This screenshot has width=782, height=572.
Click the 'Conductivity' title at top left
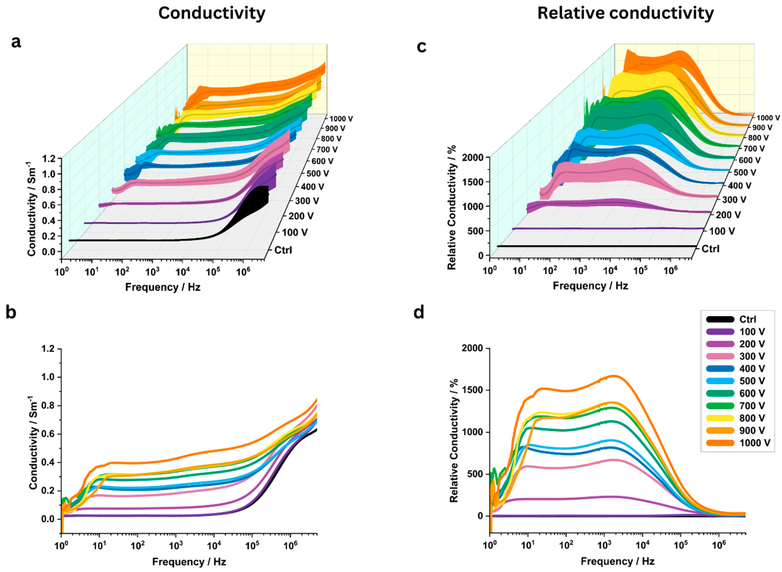pyautogui.click(x=212, y=13)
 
